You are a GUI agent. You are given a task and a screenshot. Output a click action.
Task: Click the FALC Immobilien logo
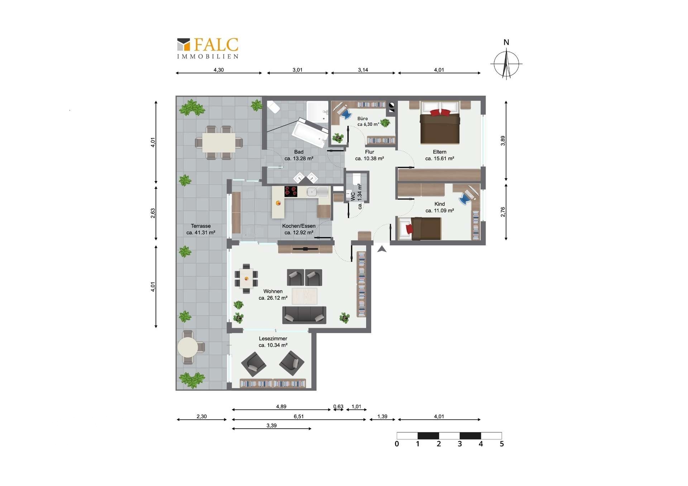(x=208, y=48)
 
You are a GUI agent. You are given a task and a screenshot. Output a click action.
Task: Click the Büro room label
(x=362, y=119)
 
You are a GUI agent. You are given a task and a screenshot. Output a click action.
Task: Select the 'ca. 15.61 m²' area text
(x=440, y=158)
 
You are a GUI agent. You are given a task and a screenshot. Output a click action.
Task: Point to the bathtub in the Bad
(x=310, y=133)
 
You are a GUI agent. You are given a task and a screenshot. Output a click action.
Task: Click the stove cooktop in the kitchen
(x=291, y=192)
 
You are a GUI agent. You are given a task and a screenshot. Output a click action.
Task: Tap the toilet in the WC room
(x=357, y=179)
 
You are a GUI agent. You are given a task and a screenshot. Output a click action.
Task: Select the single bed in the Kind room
(x=420, y=228)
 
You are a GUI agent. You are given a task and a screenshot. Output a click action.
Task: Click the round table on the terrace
(x=188, y=347)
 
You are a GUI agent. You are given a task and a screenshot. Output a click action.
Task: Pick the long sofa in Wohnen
(x=304, y=315)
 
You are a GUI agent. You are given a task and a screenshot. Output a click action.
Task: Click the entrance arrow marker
(x=382, y=249)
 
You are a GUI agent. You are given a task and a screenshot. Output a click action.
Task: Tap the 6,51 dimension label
(x=298, y=417)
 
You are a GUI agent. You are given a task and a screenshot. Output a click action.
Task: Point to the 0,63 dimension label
(x=338, y=406)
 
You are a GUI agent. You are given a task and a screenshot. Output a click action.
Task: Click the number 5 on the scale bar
(x=502, y=444)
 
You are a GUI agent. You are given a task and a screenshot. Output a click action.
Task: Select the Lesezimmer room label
(x=273, y=338)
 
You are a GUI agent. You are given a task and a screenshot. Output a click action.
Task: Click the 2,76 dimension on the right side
(x=503, y=212)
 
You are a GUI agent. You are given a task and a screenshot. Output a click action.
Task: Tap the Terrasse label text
(x=201, y=226)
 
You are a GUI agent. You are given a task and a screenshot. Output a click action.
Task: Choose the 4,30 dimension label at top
(x=219, y=70)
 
